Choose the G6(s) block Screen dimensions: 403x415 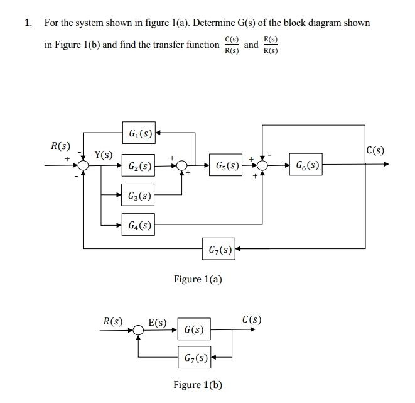click(x=306, y=166)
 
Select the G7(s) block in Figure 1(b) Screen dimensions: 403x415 click(x=195, y=358)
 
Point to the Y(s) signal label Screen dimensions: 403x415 click(x=104, y=155)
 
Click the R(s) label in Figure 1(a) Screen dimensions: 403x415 click(x=60, y=146)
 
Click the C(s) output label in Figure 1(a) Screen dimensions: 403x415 click(x=374, y=150)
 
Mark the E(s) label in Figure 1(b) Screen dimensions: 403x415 click(x=158, y=323)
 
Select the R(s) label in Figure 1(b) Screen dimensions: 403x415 click(x=113, y=321)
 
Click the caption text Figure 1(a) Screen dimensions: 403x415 click(x=198, y=279)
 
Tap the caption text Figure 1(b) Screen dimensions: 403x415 click(x=198, y=385)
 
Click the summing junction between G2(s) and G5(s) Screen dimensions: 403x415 click(x=181, y=166)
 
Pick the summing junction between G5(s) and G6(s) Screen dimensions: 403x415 click(x=262, y=166)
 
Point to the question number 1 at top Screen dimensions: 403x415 click(x=27, y=23)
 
